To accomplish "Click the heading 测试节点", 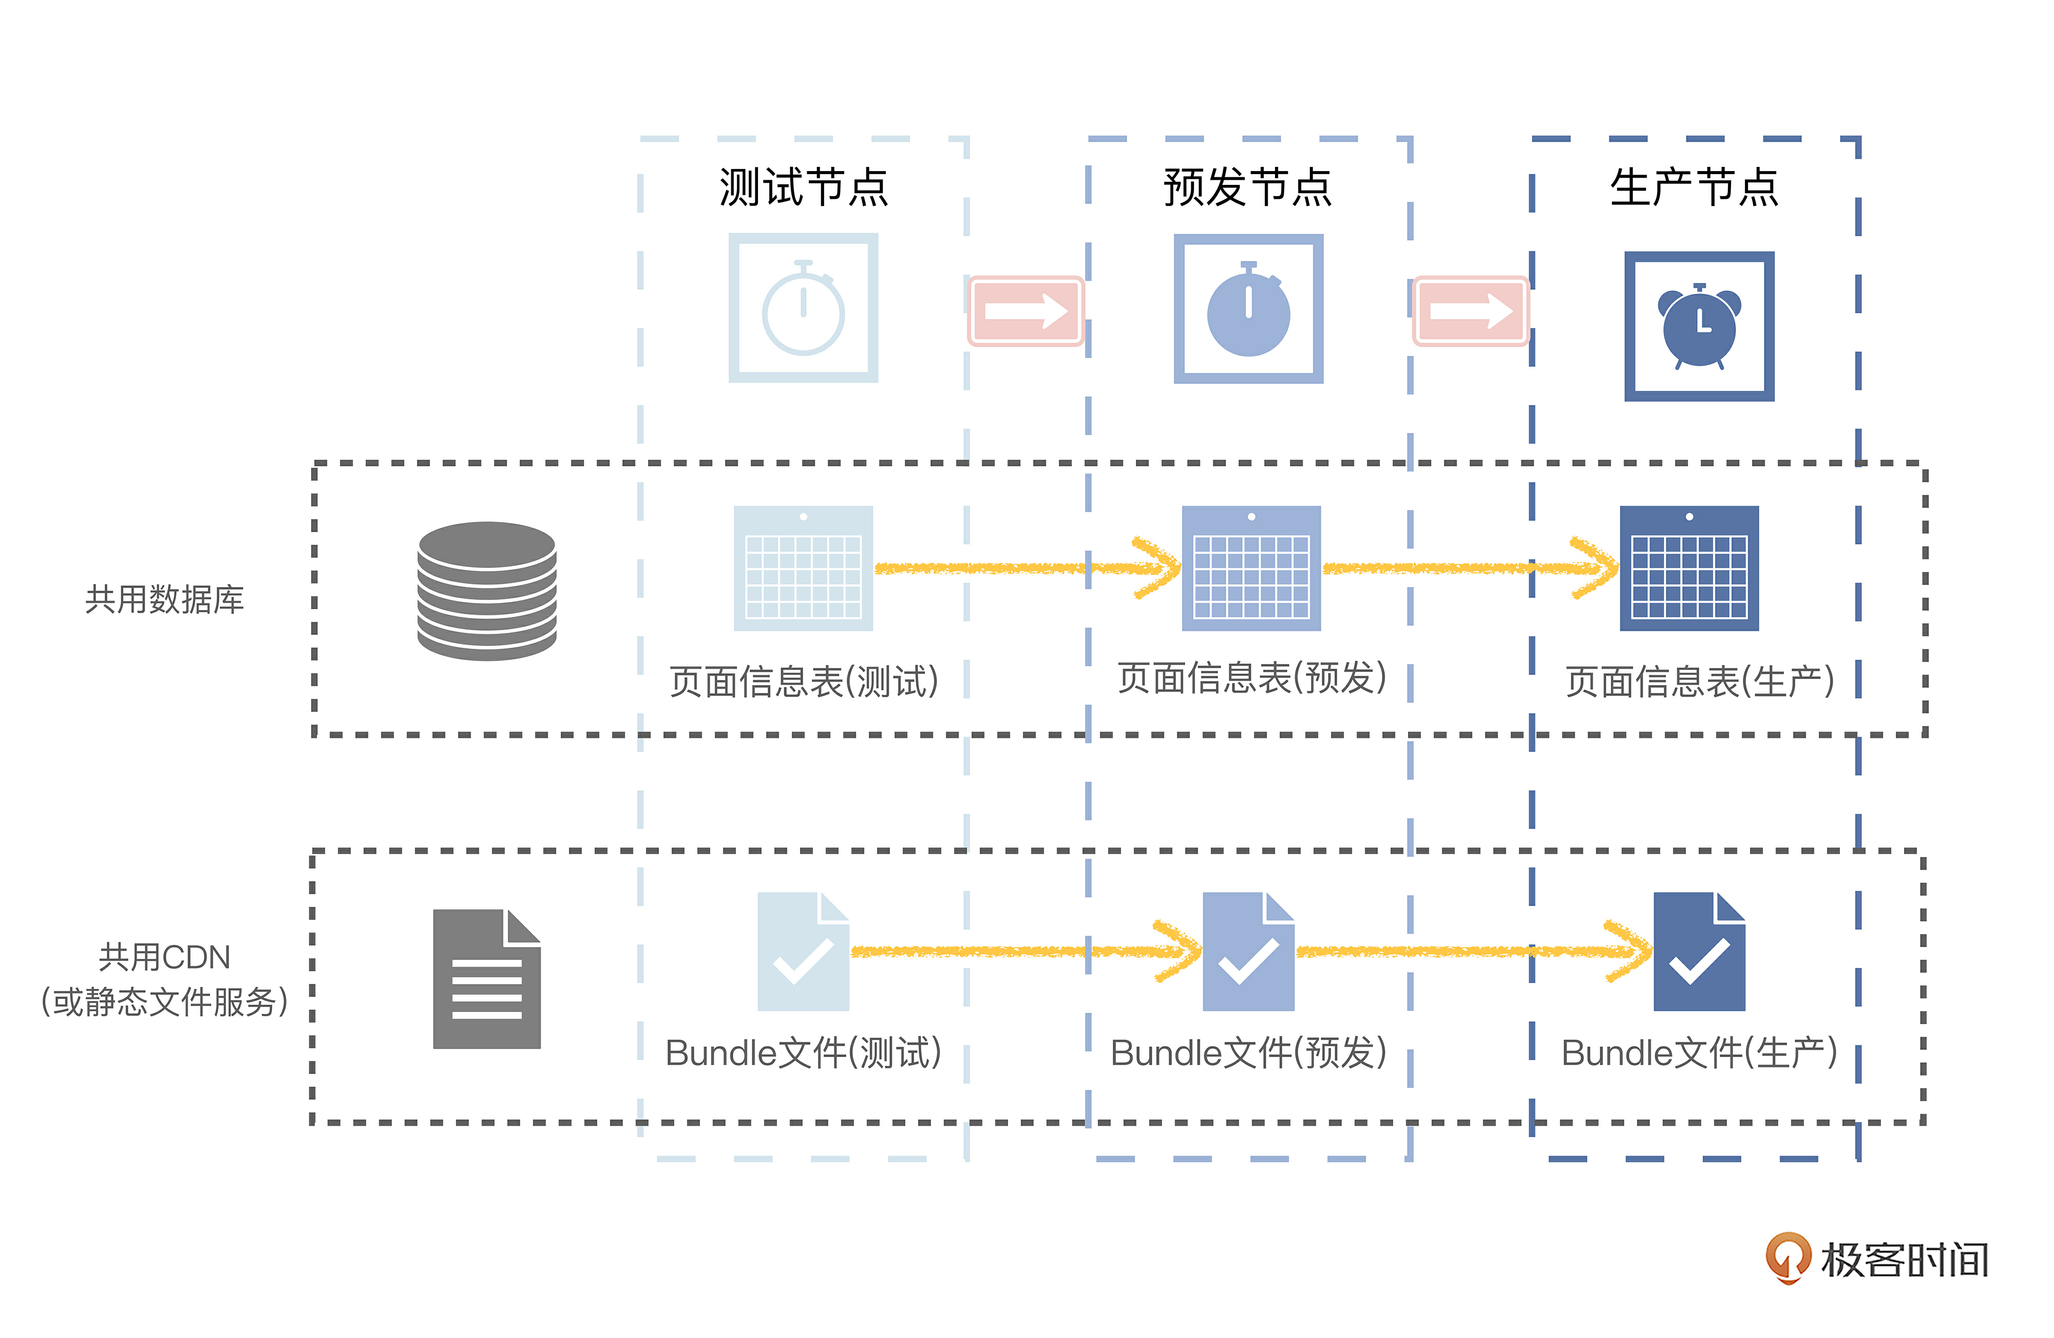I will (x=804, y=187).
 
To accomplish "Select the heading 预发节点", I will (x=1248, y=187).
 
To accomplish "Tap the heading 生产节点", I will (x=1694, y=187).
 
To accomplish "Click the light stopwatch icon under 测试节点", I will (x=804, y=308).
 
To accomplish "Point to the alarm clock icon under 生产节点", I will (x=1699, y=326).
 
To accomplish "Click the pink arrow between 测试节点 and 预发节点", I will (x=1025, y=311).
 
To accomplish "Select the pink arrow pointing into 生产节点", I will (x=1471, y=311).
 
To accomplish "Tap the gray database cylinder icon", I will (x=487, y=591).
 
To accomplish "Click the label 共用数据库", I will (x=165, y=599).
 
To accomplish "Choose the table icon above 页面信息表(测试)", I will (x=804, y=568).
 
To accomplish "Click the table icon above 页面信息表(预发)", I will (x=1250, y=568).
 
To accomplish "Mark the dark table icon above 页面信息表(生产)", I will (x=1689, y=568).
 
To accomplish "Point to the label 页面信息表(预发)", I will (x=1251, y=679).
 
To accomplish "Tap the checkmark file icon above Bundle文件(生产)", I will (x=1699, y=951).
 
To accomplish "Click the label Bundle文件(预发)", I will (x=1248, y=1053).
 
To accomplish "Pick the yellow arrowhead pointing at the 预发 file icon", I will (x=1181, y=951).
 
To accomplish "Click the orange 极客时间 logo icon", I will (x=1786, y=1257).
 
